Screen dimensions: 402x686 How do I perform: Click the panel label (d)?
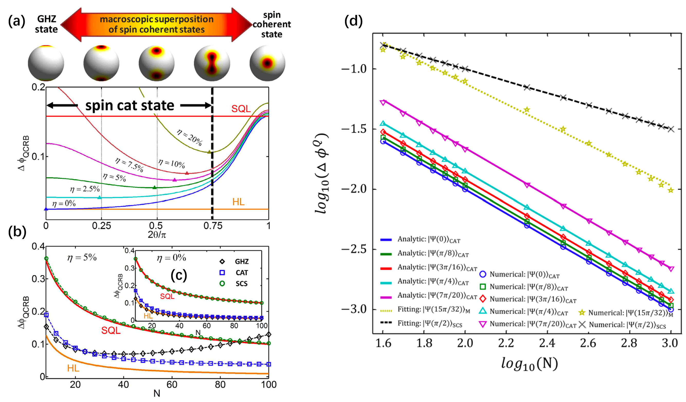tap(353, 21)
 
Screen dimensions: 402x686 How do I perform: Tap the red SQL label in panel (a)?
tap(241, 109)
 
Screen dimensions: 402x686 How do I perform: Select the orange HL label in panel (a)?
tap(238, 202)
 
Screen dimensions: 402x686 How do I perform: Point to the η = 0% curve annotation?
tap(64, 204)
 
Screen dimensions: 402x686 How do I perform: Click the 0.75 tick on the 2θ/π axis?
tap(212, 226)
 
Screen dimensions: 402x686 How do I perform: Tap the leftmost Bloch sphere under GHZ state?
tap(46, 63)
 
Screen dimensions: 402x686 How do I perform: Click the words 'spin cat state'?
tap(129, 105)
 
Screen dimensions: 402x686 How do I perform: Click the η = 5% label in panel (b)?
tap(82, 257)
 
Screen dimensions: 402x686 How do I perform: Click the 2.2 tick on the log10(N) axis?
tap(506, 343)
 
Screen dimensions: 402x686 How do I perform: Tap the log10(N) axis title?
tap(530, 364)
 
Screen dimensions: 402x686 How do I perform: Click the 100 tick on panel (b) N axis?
tap(268, 384)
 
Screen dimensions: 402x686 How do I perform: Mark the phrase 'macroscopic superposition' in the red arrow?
tap(156, 19)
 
